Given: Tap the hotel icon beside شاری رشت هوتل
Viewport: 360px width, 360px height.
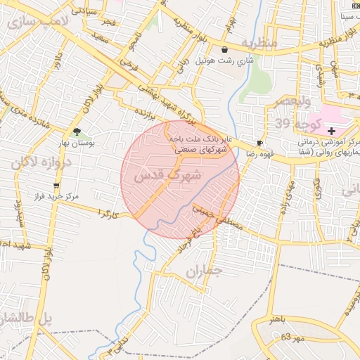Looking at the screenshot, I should pos(224,50).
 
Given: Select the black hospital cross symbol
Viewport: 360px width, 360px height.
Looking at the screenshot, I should pos(331,131).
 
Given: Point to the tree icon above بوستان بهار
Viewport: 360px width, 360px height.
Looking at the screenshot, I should pos(77,131).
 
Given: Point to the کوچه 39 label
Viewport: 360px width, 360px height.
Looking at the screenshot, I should pos(292,124).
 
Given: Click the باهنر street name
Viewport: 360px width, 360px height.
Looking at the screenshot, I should pos(278,320).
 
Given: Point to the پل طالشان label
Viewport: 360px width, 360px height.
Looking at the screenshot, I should pos(25,319).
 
